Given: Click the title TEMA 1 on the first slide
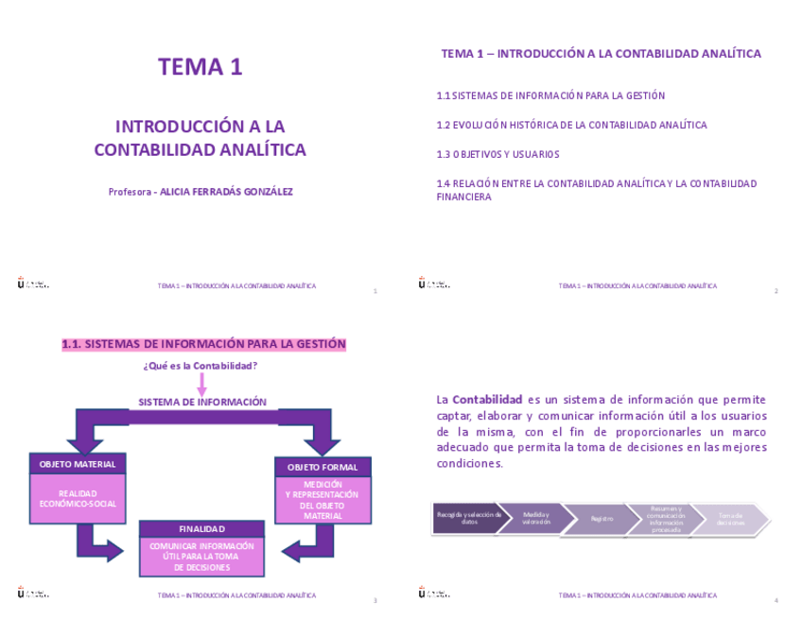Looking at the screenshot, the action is pos(200,67).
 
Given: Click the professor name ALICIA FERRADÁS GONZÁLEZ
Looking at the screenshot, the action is pos(226,192).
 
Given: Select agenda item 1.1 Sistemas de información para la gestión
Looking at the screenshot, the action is pos(550,95).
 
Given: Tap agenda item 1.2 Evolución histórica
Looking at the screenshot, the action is pos(571,125).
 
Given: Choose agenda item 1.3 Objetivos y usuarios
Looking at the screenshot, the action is pos(497,154).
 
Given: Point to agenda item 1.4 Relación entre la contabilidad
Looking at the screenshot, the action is pos(596,183).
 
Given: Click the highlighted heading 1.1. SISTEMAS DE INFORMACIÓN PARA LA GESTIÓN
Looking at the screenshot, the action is pos(203,345).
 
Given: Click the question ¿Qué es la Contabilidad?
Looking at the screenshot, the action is pos(200,366).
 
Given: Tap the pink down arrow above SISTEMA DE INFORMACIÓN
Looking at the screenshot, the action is pos(201,384).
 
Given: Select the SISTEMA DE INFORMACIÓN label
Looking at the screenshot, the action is pos(202,402).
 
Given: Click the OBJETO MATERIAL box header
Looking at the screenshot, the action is pos(78,464).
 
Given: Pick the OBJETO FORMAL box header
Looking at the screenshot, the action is pos(323,467).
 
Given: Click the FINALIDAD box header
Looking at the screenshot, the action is pos(201,528).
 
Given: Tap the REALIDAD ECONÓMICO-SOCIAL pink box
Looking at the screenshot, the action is pos(78,499).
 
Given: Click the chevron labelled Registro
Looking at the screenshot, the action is pos(601,519).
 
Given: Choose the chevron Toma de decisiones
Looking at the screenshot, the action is pos(731,519).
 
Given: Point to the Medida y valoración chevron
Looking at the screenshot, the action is pos(535,519).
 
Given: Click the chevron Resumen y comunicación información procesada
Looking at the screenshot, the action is pos(666,519).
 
